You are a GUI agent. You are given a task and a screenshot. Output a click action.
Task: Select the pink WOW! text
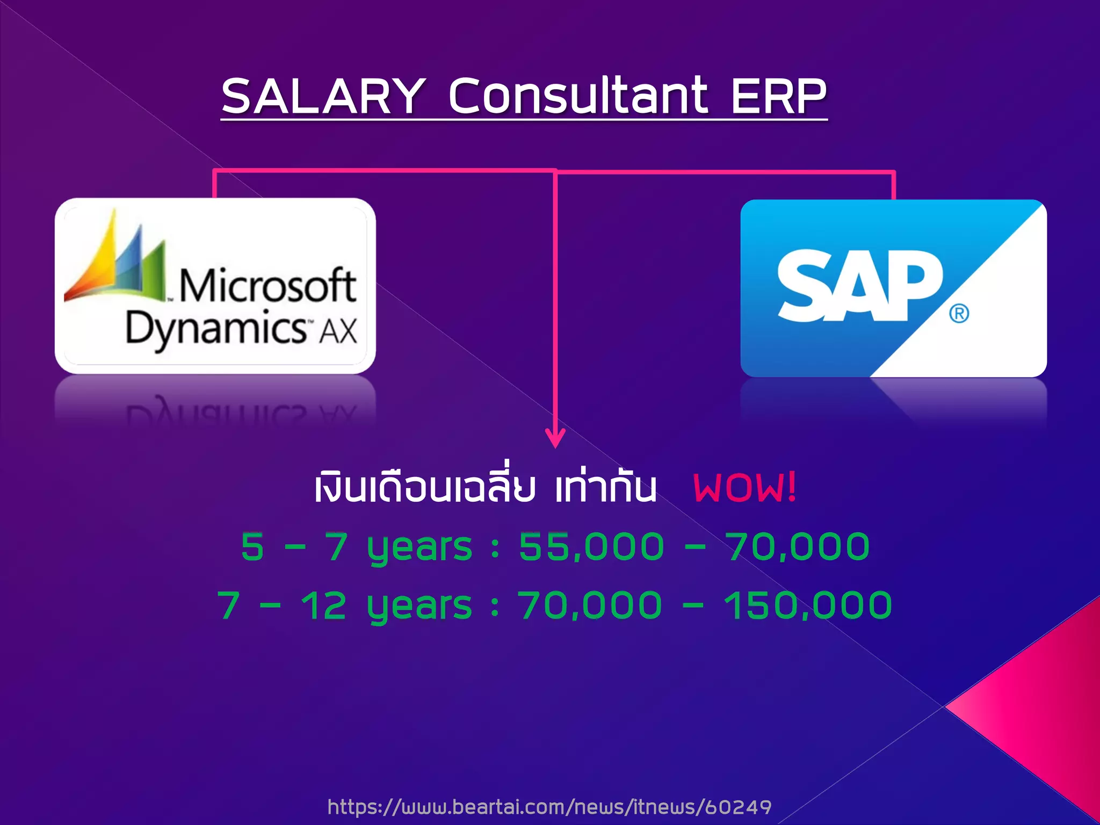pos(744,488)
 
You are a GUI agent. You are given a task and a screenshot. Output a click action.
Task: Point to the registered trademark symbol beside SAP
pos(959,313)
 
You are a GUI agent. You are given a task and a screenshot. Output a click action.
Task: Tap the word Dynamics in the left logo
pos(216,328)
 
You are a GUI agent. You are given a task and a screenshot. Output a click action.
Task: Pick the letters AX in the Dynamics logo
pos(338,330)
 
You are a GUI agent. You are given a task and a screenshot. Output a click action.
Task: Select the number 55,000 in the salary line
pos(591,547)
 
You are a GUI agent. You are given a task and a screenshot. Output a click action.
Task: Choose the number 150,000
pos(808,605)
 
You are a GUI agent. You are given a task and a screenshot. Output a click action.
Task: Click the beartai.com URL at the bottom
pos(549,807)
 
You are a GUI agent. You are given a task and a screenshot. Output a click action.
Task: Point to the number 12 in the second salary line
pos(323,605)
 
